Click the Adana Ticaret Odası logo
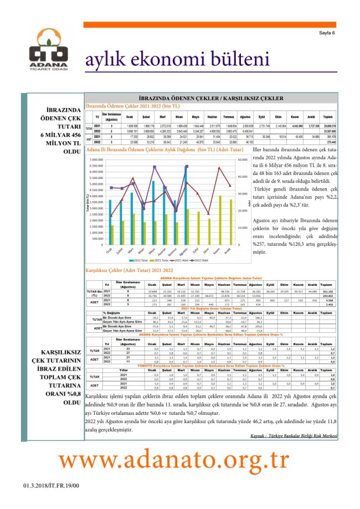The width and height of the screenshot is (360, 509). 50,54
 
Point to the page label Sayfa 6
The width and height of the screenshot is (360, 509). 327,33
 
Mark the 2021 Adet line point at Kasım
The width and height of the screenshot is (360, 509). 220,167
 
